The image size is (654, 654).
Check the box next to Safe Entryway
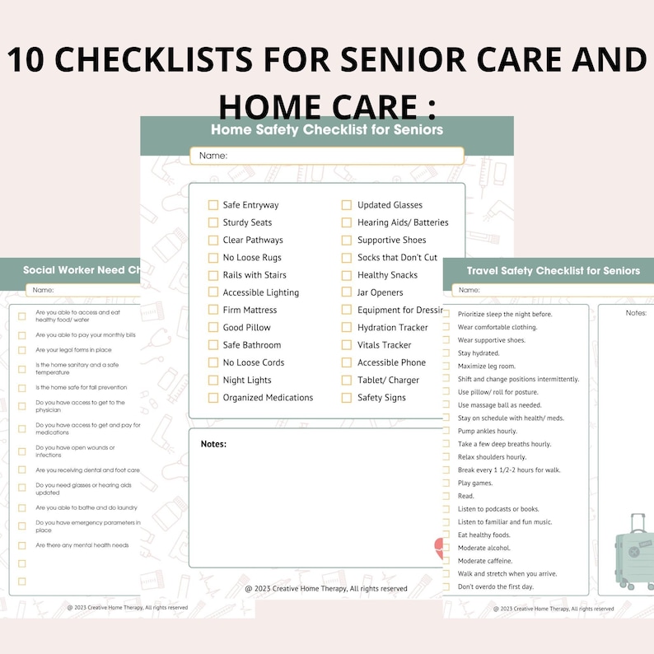coord(213,205)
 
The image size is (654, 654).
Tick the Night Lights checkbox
coord(213,381)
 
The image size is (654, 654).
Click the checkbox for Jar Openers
coord(348,292)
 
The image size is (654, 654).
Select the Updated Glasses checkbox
coord(348,205)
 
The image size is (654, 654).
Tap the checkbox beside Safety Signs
coord(348,398)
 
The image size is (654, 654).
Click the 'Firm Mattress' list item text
coord(250,311)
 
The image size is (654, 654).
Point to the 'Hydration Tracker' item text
coord(392,328)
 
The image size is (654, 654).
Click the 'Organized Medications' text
coord(268,398)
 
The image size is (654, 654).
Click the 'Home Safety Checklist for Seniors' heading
coord(326,129)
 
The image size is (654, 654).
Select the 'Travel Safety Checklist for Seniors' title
coord(553,271)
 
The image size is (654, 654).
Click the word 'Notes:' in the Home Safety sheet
coord(213,445)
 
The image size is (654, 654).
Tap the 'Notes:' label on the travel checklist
coord(636,313)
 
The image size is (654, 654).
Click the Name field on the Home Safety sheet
coord(327,156)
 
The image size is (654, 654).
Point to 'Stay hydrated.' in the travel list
coord(479,353)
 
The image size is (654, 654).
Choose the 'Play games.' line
coord(476,483)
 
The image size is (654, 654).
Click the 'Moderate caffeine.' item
coord(484,561)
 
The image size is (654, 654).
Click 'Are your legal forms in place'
coord(73,350)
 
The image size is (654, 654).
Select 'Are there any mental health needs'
coord(82,545)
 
